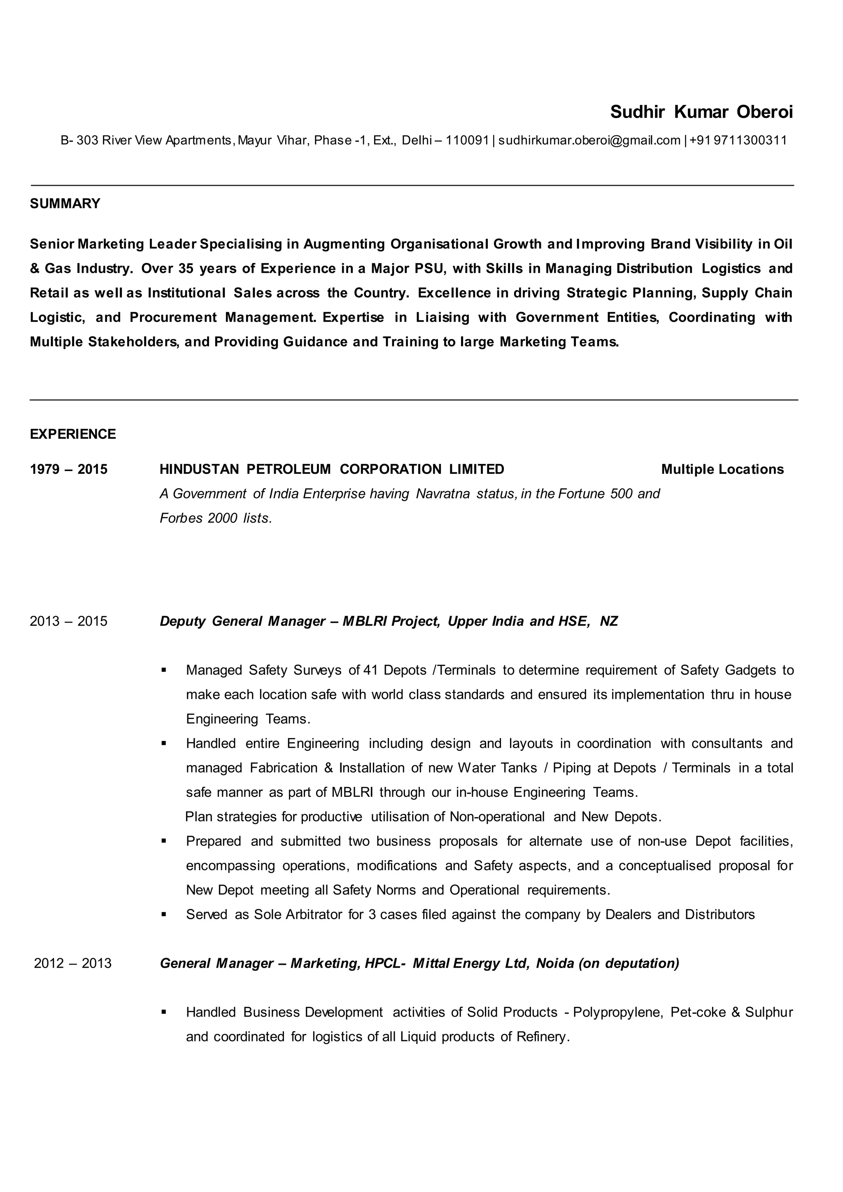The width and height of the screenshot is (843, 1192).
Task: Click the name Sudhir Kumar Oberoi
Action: pos(701,112)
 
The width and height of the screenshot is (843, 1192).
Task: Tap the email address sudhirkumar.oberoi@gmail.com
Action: pos(589,140)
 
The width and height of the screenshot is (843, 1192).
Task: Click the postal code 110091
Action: pos(467,140)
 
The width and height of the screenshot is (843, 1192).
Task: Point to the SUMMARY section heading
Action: pos(65,203)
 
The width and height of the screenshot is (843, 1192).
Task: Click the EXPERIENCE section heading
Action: pos(73,434)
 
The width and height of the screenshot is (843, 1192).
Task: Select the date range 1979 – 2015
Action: pos(68,469)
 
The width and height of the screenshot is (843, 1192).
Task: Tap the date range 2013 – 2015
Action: pos(68,621)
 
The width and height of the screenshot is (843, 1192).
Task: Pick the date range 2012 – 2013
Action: pos(73,963)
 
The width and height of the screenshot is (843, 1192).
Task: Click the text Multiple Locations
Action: pos(722,469)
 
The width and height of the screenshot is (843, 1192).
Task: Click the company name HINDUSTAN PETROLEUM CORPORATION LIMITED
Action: pos(332,469)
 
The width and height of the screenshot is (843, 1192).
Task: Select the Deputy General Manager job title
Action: pos(242,621)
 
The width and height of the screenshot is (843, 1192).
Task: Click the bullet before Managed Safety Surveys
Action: pos(164,670)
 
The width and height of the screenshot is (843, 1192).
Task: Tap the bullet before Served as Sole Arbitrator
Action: pos(164,914)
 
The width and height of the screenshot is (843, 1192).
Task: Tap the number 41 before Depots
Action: pos(370,670)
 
